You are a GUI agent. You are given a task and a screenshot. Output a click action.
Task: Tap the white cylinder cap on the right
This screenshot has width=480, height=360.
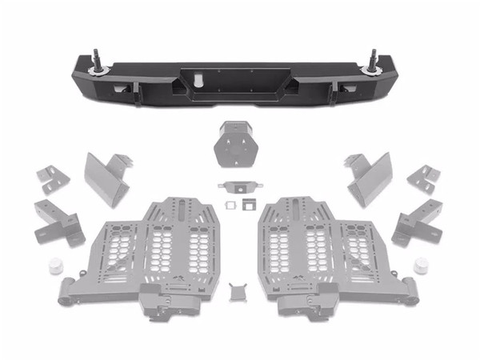click(422, 266)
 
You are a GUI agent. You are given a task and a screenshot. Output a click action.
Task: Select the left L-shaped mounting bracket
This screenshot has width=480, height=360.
click(58, 223)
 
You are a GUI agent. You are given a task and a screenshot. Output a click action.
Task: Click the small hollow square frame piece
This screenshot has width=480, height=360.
click(229, 206)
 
